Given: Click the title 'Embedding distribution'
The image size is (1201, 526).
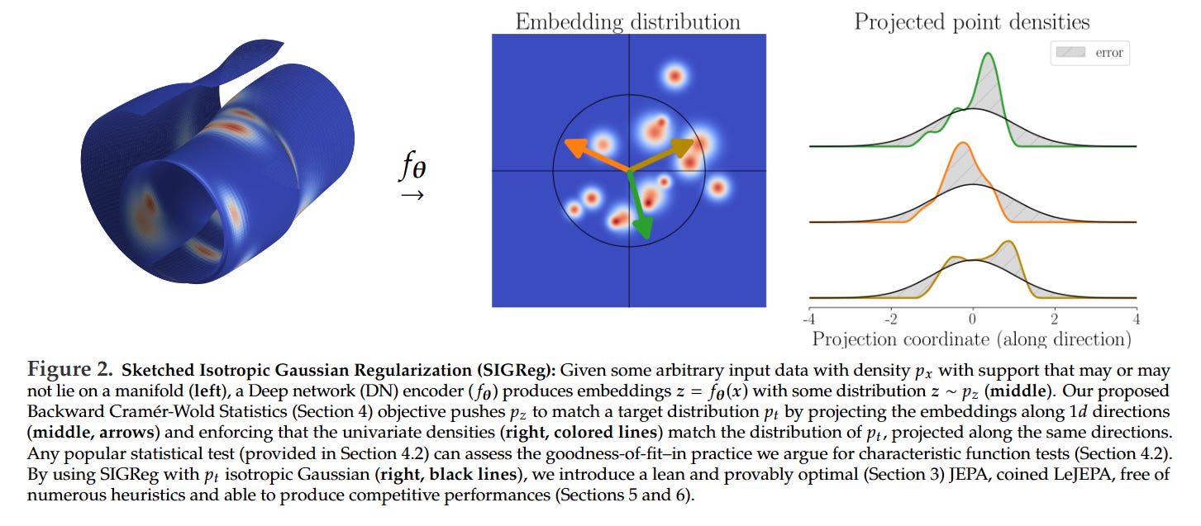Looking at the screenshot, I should (627, 21).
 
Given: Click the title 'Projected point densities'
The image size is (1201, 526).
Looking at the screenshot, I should (972, 21).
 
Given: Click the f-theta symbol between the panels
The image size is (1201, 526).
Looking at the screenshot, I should (412, 168).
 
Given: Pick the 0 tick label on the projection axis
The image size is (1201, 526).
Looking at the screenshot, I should (973, 319).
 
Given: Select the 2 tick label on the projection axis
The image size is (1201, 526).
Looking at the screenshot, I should (1055, 319).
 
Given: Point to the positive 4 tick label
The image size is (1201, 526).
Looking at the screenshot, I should (1137, 319).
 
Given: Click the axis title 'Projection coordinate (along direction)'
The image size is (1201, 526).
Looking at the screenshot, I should (972, 339).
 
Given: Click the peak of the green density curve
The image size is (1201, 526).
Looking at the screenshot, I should (989, 55).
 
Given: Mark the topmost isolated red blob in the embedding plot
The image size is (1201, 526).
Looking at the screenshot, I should (674, 76).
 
